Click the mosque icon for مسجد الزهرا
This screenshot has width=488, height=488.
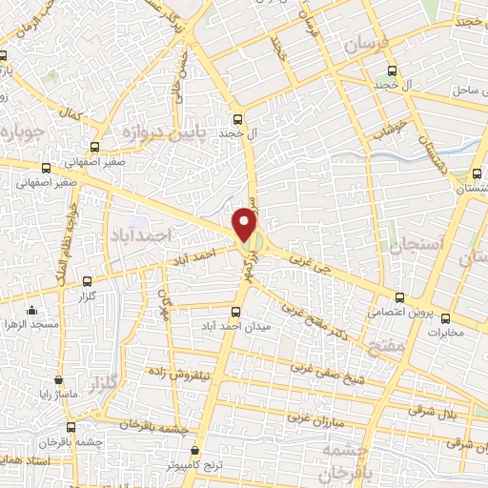[31, 310]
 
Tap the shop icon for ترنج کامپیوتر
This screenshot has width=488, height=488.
[194, 450]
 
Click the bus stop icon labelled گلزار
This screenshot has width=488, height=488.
[88, 281]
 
